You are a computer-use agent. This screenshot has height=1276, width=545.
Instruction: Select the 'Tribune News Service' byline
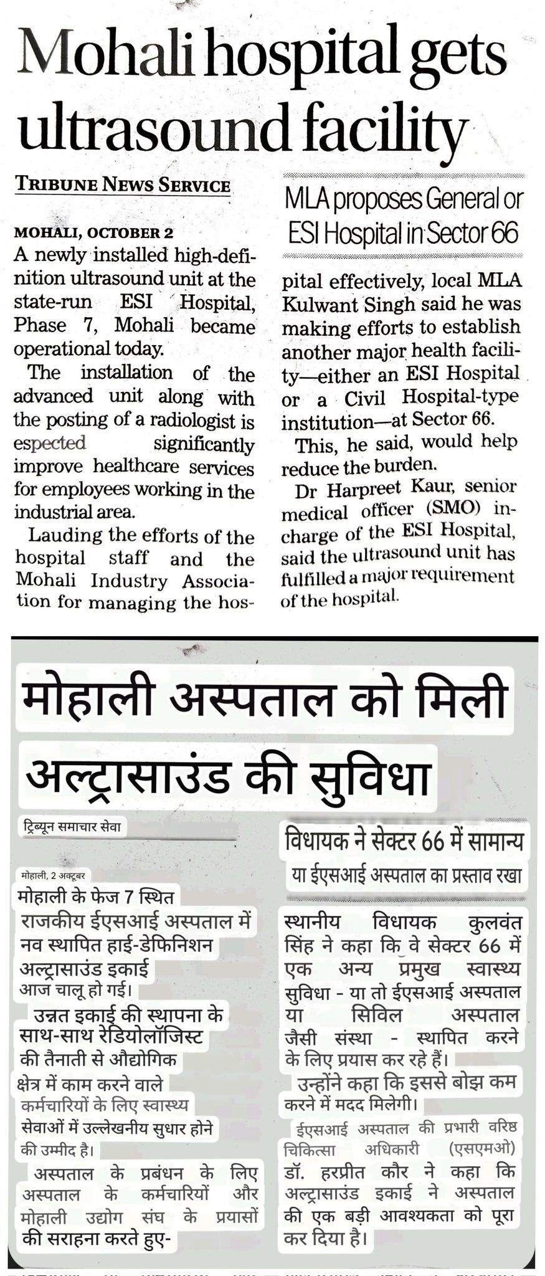pyautogui.click(x=123, y=184)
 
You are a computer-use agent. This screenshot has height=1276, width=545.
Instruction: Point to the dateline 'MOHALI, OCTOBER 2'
pyautogui.click(x=93, y=233)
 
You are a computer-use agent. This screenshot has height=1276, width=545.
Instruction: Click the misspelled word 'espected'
pyautogui.click(x=49, y=444)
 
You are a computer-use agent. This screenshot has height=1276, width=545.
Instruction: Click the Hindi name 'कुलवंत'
pyautogui.click(x=490, y=923)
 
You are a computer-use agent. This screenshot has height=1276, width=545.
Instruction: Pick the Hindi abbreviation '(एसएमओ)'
pyautogui.click(x=486, y=1148)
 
